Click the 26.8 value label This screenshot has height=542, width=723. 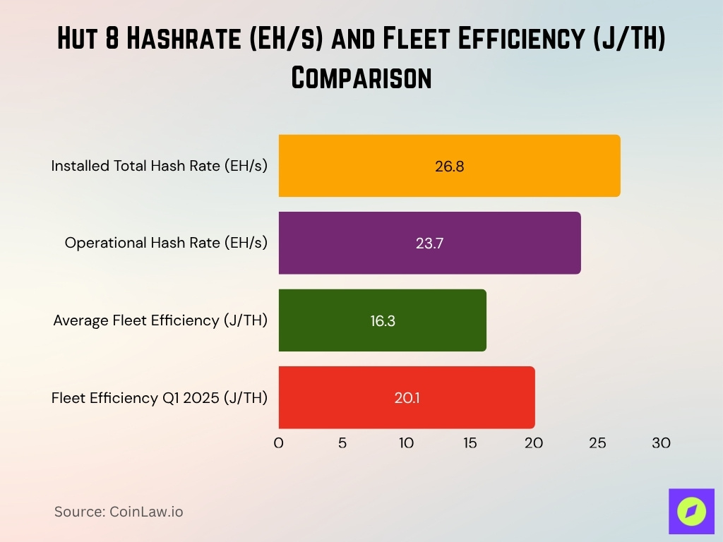[x=449, y=167]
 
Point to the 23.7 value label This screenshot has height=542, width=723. [x=429, y=243]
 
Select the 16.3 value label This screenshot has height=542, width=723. [x=382, y=320]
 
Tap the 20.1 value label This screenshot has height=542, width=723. [x=407, y=398]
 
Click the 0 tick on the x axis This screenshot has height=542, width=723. [x=278, y=443]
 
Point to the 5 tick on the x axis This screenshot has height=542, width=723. [x=342, y=443]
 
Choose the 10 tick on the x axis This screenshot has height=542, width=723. [x=406, y=443]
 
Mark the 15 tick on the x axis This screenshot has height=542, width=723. [x=470, y=443]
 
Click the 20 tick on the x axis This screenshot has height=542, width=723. [x=534, y=443]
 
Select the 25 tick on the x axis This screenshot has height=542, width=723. [x=597, y=443]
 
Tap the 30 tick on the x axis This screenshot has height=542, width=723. [x=661, y=443]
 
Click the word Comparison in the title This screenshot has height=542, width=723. [x=361, y=77]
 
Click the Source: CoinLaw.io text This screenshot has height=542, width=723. [x=119, y=512]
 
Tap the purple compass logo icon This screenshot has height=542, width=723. [x=691, y=511]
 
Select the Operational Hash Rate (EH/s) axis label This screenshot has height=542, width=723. [x=166, y=243]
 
